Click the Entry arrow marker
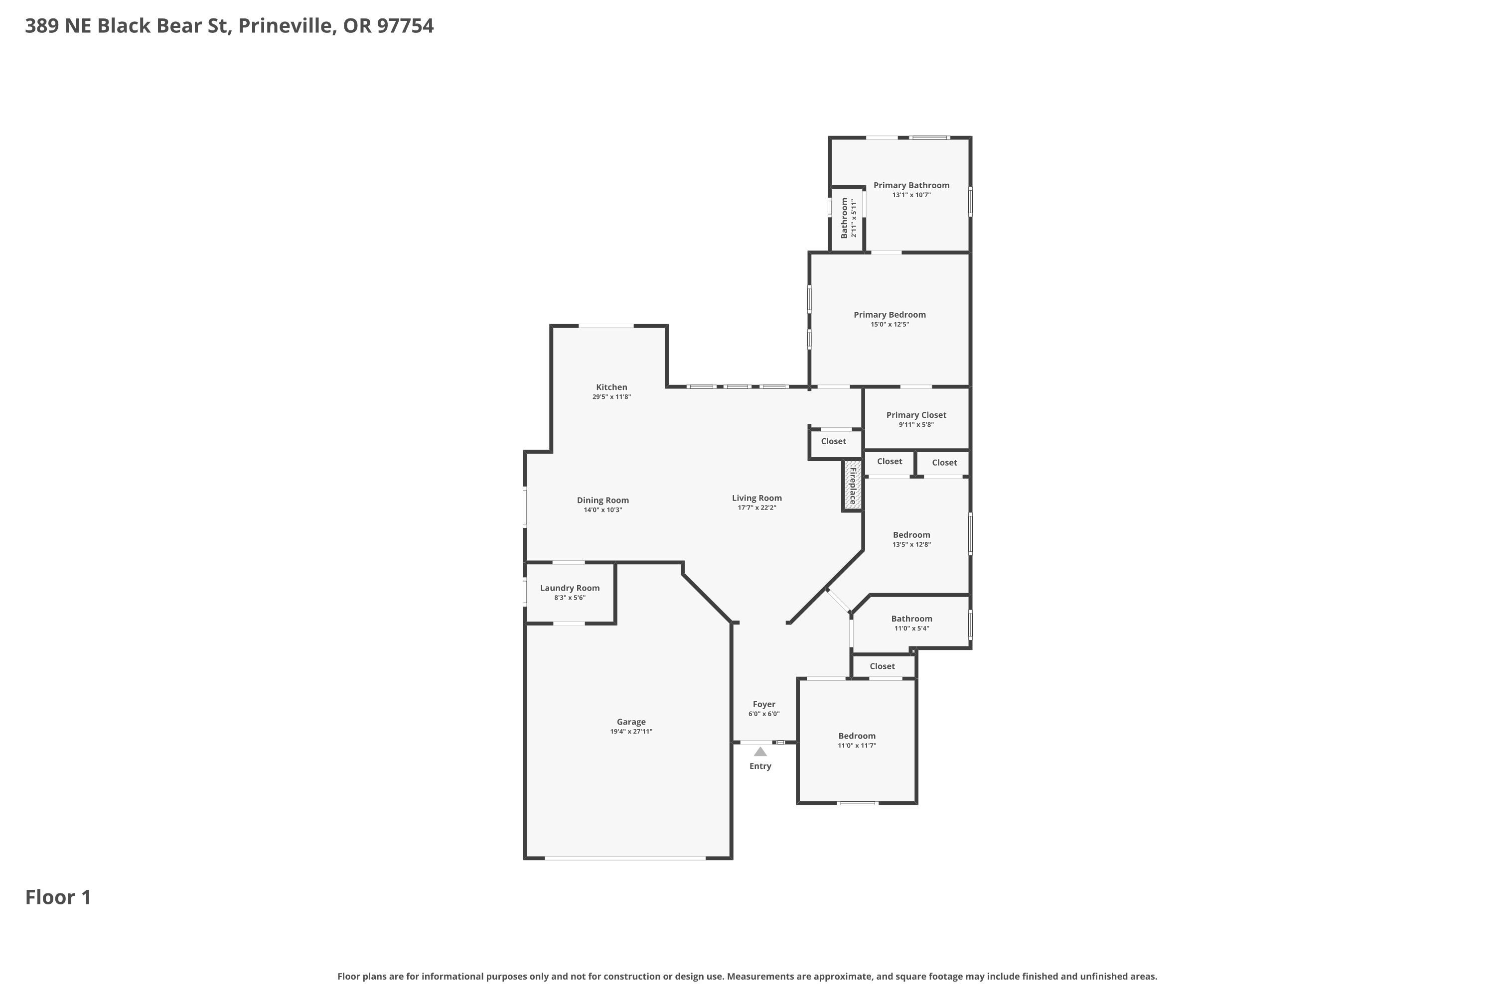pyautogui.click(x=760, y=751)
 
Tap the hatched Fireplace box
pyautogui.click(x=852, y=485)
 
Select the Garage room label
pyautogui.click(x=631, y=722)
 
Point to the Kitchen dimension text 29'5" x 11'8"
pyautogui.click(x=611, y=397)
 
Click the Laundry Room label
pyautogui.click(x=570, y=588)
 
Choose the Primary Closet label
pyautogui.click(x=916, y=415)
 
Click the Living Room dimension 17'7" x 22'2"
pyautogui.click(x=757, y=507)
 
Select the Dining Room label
pyautogui.click(x=603, y=500)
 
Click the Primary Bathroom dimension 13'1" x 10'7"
pyautogui.click(x=911, y=195)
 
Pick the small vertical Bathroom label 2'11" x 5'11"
pyautogui.click(x=849, y=218)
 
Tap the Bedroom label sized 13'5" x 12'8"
pyautogui.click(x=911, y=535)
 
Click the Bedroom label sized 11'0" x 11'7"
pyautogui.click(x=857, y=736)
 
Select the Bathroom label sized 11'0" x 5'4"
pyautogui.click(x=911, y=619)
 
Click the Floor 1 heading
pyautogui.click(x=58, y=897)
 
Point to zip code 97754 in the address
pyautogui.click(x=406, y=25)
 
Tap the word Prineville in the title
pyautogui.click(x=288, y=25)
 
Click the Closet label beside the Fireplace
pyautogui.click(x=833, y=441)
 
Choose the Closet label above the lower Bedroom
pyautogui.click(x=882, y=666)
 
